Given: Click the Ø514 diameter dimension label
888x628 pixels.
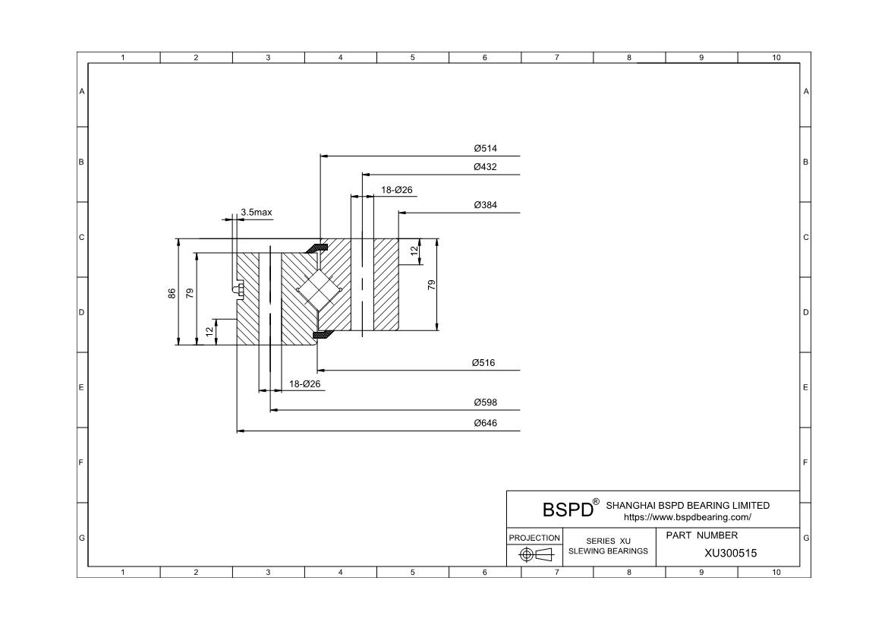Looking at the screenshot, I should point(485,149).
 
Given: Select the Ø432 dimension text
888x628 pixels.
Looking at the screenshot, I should point(485,167).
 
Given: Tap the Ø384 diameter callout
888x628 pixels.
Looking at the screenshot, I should point(485,205).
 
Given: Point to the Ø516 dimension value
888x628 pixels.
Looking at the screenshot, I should point(483,363).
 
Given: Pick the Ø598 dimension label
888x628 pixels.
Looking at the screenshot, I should point(485,402).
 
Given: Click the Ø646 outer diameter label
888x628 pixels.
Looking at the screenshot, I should point(485,423).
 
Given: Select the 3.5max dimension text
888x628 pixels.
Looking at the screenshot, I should point(257,213).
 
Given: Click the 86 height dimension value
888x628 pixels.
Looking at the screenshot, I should point(172,293).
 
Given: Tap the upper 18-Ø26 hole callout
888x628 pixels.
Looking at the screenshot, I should point(396,190).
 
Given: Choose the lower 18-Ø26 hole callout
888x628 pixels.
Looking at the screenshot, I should point(305,384).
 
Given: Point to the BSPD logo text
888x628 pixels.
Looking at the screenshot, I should point(567,509).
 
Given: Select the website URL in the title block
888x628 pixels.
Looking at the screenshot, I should point(687,517).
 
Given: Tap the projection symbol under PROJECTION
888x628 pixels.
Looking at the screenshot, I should point(534,555).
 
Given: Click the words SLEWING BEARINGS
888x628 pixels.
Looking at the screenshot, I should point(608,551).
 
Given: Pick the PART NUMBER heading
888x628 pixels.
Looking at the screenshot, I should point(701,535).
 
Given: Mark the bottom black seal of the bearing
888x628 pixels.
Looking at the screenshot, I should point(323,334).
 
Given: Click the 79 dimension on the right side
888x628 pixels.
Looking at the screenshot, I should point(431,285).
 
